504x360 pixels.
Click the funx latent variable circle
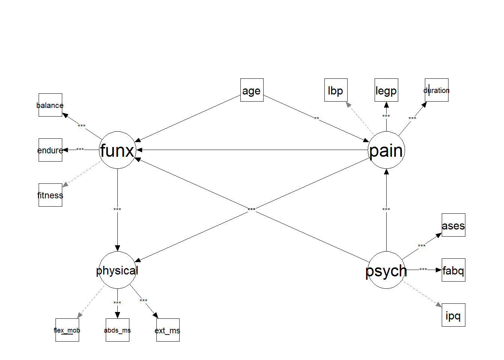click(117, 150)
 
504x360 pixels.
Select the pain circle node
click(386, 150)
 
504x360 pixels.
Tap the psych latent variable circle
click(386, 270)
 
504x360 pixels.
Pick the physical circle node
click(117, 270)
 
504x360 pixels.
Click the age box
click(252, 90)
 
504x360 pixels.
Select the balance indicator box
click(50, 105)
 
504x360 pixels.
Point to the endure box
click(50, 150)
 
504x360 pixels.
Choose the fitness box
click(50, 195)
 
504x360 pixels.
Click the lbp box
click(336, 90)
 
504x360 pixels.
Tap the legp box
click(386, 90)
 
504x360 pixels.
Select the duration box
click(436, 90)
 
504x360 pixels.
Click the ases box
click(453, 225)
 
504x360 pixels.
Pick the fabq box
click(453, 270)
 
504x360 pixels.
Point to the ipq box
click(453, 315)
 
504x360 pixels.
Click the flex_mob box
click(67, 330)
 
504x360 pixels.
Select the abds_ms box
click(117, 330)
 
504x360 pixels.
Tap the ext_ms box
click(168, 330)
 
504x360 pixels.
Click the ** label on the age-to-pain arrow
click(316, 119)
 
